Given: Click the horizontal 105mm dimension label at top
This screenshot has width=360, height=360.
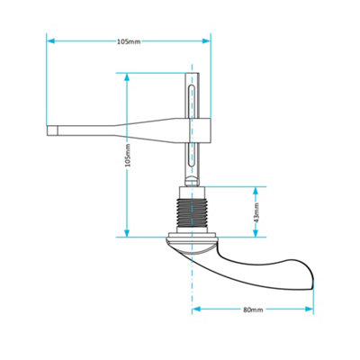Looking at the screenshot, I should tap(129, 41).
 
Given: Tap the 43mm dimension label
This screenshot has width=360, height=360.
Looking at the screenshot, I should tap(256, 212).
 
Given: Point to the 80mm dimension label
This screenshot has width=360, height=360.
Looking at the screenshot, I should tap(253, 310).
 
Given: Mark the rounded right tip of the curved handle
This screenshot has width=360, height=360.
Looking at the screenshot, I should tap(310, 276).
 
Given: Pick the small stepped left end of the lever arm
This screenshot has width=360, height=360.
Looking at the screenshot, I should tap(55, 131).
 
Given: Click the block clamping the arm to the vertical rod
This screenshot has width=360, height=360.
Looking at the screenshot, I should tap(199, 131).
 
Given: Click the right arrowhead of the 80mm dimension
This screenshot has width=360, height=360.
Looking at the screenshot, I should tap(310, 310).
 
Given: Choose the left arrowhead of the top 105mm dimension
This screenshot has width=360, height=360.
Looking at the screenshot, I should tap(51, 41).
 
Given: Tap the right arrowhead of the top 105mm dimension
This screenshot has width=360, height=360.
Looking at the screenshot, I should tap(207, 41).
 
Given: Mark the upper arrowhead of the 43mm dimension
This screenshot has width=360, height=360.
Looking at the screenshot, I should tap(256, 190).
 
